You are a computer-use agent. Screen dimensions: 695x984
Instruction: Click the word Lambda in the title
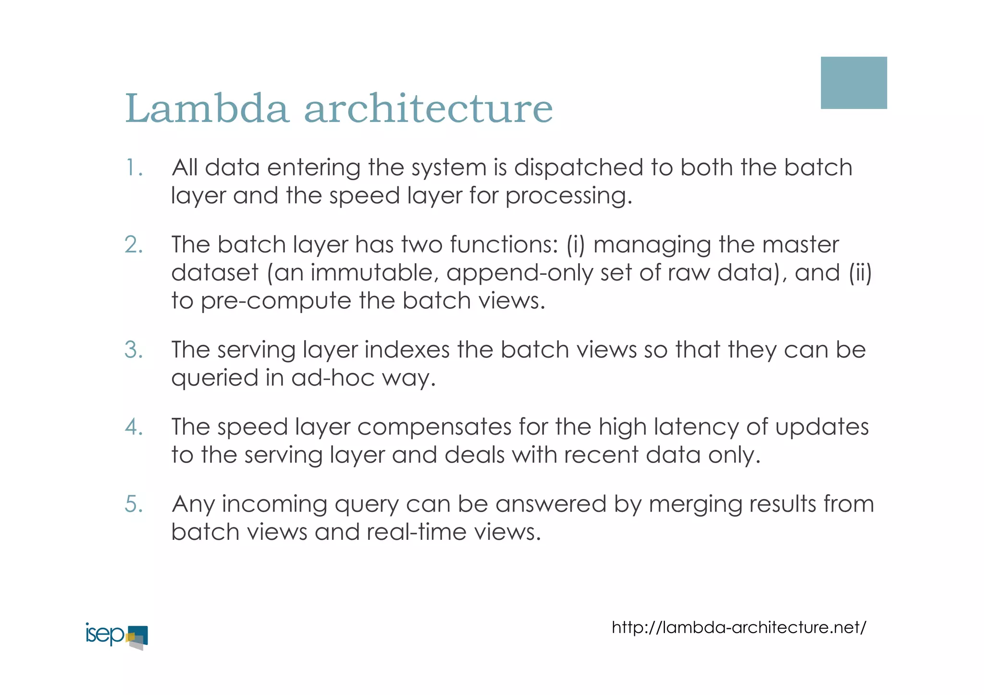[207, 109]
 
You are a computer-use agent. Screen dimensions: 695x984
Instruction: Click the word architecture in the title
[428, 109]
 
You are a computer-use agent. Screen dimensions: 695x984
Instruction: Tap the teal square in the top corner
[853, 83]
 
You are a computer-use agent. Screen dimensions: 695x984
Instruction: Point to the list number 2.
[134, 245]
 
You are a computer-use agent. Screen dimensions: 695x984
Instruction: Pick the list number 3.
[134, 350]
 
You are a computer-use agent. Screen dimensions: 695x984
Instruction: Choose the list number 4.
[134, 427]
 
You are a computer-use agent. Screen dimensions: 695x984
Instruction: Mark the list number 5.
[134, 504]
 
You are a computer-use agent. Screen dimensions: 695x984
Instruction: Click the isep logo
[116, 636]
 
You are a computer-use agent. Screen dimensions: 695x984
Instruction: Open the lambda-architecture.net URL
[738, 627]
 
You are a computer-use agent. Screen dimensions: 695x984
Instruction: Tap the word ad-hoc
[332, 378]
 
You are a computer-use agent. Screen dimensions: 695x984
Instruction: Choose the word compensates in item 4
[434, 427]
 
